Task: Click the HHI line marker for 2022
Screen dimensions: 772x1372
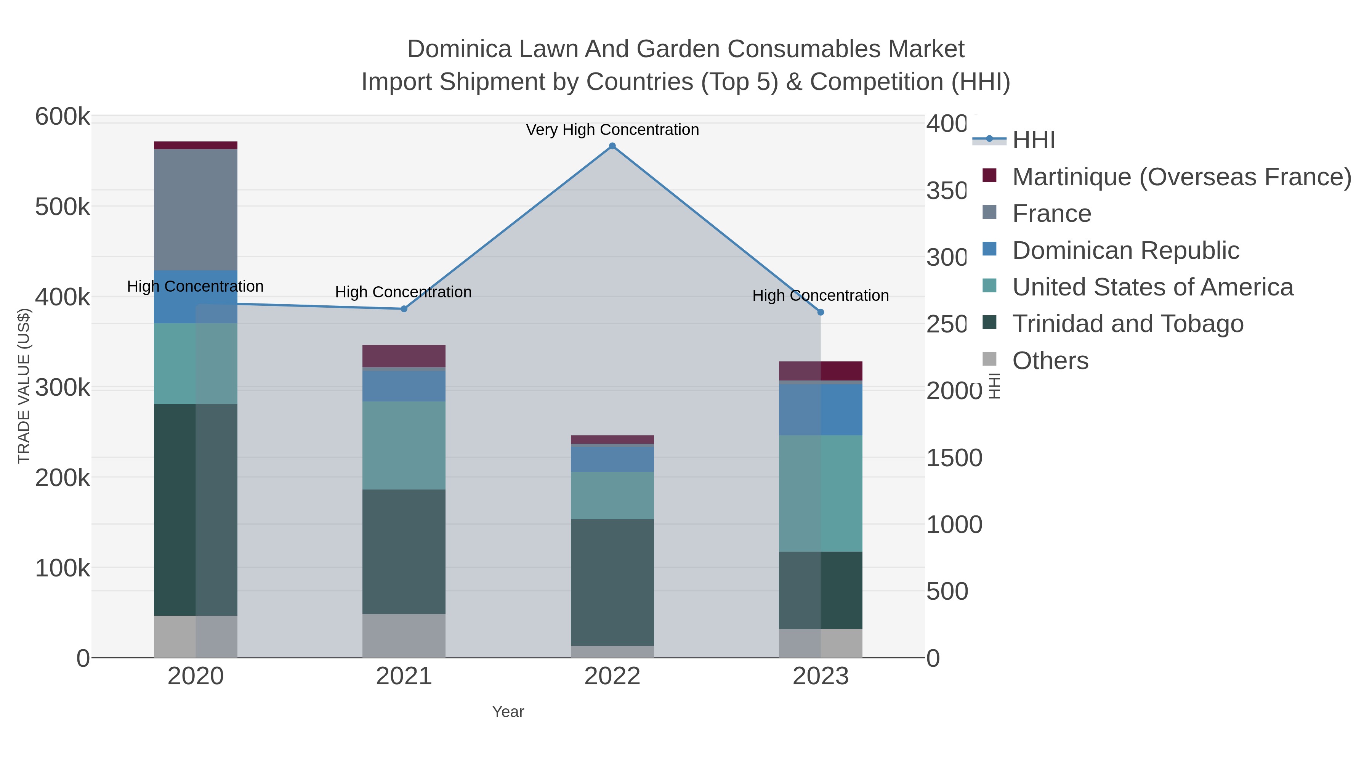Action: click(x=612, y=146)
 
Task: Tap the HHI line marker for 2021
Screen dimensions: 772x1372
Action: click(x=404, y=309)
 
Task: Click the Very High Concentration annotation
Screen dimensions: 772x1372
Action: click(x=612, y=130)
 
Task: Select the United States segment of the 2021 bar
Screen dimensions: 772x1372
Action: click(x=404, y=445)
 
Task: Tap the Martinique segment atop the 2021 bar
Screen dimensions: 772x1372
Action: click(x=404, y=356)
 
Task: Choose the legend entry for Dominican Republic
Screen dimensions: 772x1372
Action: click(x=1125, y=250)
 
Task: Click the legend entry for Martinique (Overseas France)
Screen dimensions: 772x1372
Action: click(x=1181, y=177)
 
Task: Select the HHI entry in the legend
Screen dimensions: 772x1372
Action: click(x=1033, y=140)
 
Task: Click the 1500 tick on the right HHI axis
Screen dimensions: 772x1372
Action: click(x=954, y=458)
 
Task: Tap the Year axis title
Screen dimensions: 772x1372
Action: click(x=508, y=712)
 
